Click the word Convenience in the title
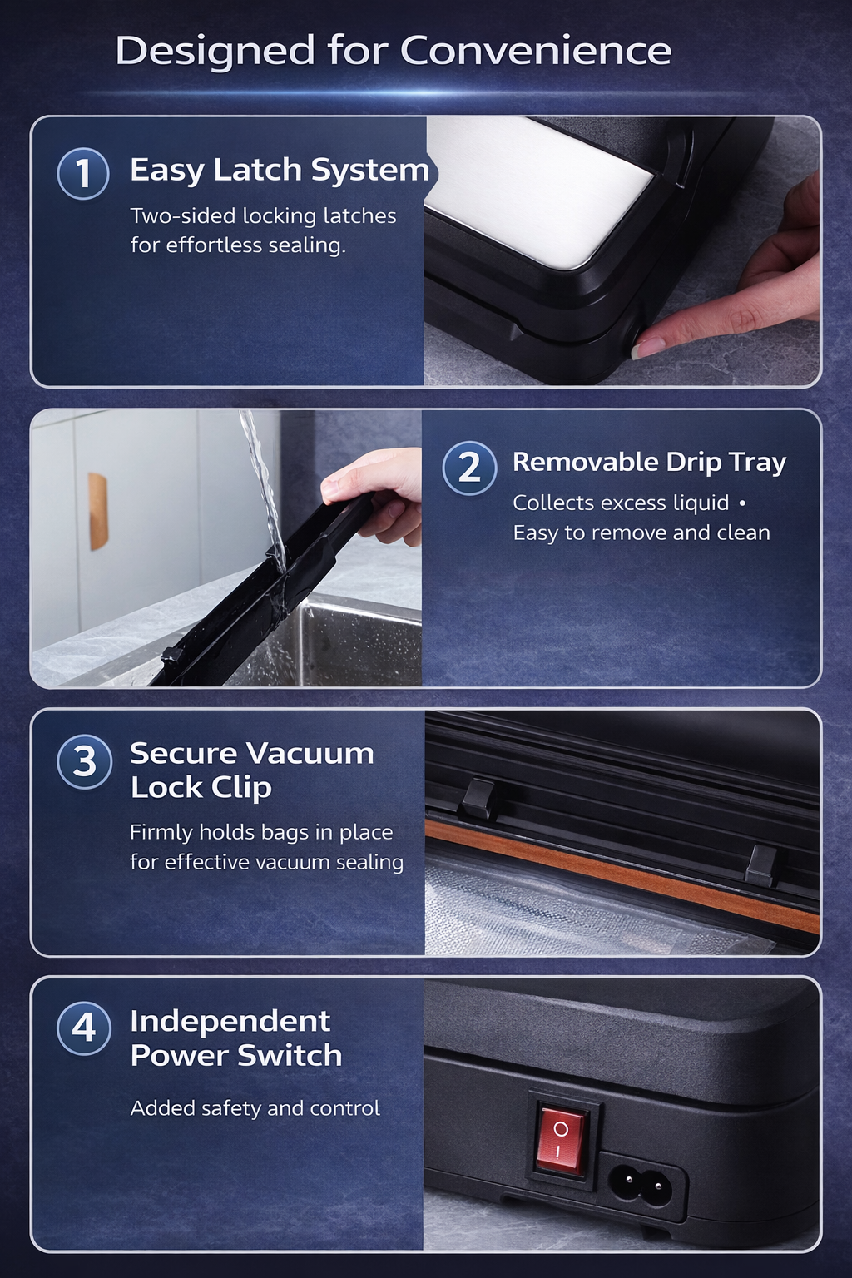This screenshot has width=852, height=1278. tap(536, 51)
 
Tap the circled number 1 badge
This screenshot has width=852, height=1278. tap(83, 174)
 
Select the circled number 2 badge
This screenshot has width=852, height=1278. tap(469, 468)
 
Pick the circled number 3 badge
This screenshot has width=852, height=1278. tap(84, 761)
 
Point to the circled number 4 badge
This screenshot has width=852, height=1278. tap(84, 1028)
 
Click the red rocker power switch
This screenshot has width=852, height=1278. tap(560, 1138)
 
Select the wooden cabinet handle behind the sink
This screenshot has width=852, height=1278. tap(98, 512)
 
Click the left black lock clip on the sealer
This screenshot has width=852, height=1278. tap(478, 798)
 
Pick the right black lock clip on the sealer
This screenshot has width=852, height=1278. tap(760, 864)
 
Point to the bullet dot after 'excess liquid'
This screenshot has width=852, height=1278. tap(742, 503)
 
